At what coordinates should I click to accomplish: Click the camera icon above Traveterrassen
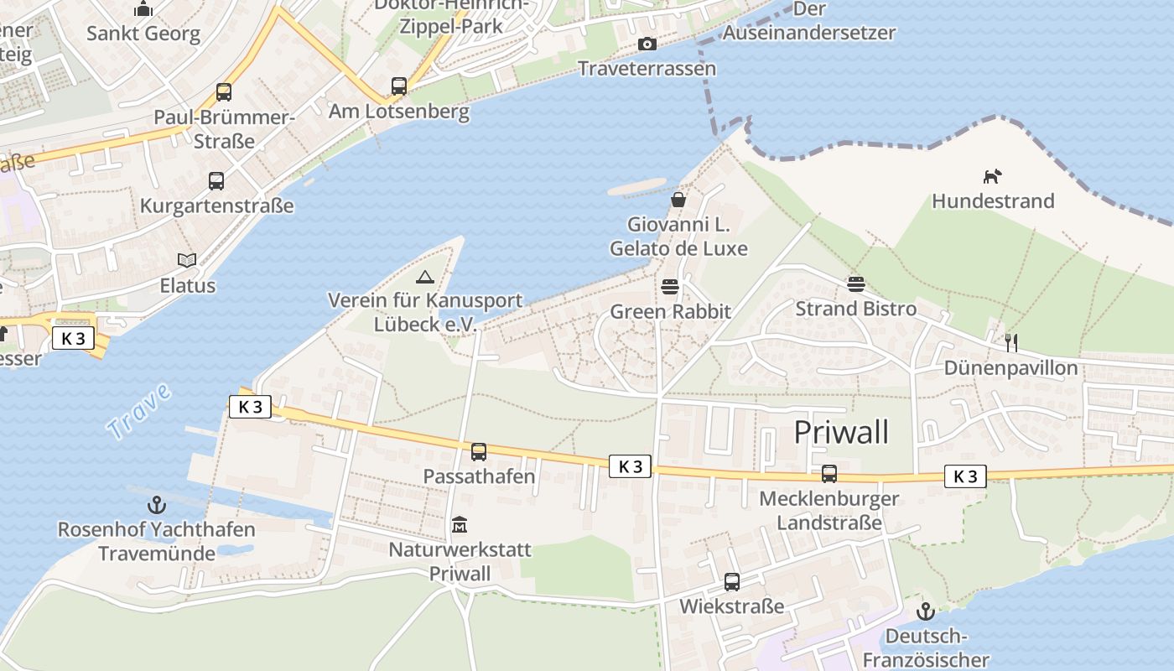point(647,44)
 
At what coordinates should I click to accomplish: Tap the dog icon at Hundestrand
point(993,176)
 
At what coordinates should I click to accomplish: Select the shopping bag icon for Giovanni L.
point(678,200)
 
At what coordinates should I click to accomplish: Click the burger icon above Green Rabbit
point(669,287)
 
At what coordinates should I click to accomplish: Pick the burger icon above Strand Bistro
point(856,283)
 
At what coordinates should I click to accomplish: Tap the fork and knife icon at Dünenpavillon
point(1010,342)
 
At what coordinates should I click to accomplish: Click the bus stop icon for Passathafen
point(479,452)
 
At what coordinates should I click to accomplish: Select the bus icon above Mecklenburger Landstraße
point(829,474)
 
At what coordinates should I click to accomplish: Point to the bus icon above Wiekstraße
point(732,581)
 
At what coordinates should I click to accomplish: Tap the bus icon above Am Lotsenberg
point(399,86)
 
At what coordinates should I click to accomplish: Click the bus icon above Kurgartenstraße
point(216,180)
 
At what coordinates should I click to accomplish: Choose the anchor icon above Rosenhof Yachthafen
point(156,505)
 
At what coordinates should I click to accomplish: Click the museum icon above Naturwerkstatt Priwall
point(459,525)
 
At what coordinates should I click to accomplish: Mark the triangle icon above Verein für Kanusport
point(425,276)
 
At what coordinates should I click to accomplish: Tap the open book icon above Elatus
point(187,261)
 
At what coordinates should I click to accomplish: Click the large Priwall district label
point(841,432)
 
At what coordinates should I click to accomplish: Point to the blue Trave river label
point(139,411)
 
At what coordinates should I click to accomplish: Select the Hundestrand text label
point(993,201)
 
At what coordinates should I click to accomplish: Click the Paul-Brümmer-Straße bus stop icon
point(224,92)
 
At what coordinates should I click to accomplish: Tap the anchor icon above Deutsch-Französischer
point(926,611)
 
